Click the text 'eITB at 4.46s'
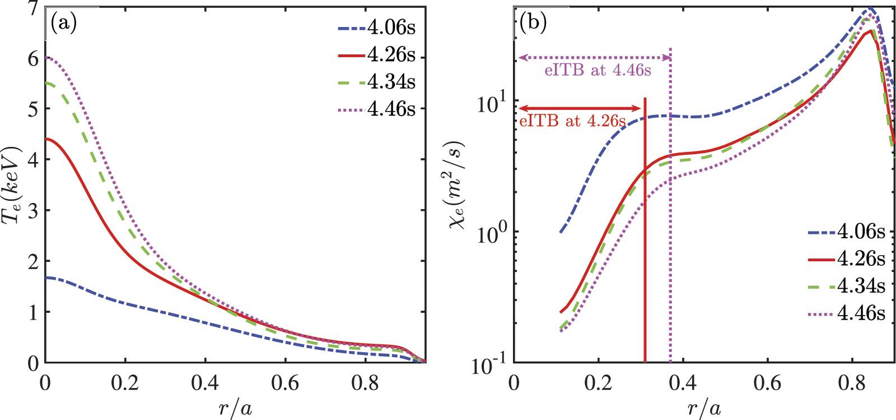point(598,70)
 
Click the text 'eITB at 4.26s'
point(572,121)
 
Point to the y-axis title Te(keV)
point(12,185)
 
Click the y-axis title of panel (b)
point(458,185)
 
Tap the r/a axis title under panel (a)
point(235,408)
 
